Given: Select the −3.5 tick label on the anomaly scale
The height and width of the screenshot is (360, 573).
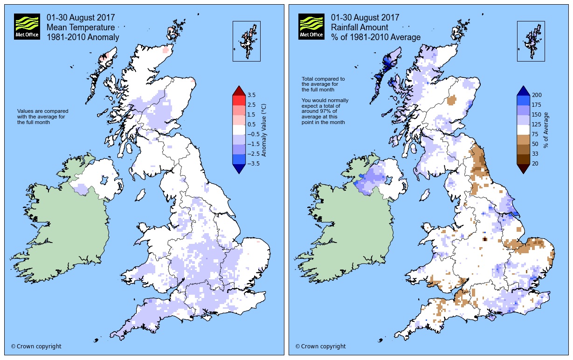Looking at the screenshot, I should [x=254, y=164].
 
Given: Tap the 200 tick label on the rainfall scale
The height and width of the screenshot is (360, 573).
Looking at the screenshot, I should [x=537, y=95].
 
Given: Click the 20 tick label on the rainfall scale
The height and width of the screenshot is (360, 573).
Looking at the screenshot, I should [x=536, y=164].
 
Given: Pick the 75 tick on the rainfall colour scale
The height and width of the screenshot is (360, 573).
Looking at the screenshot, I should [x=536, y=134].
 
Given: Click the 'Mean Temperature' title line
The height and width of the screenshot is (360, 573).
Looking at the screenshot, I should [x=80, y=28].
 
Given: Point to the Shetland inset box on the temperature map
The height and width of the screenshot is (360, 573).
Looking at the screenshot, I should [x=247, y=41].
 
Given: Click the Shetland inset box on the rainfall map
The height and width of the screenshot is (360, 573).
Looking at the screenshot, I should [x=531, y=41].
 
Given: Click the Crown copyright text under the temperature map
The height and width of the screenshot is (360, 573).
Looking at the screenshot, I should [x=36, y=346].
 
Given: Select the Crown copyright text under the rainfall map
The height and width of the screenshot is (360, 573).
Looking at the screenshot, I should [x=320, y=346].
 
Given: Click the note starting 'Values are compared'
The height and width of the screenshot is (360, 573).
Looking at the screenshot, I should [x=43, y=117].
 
